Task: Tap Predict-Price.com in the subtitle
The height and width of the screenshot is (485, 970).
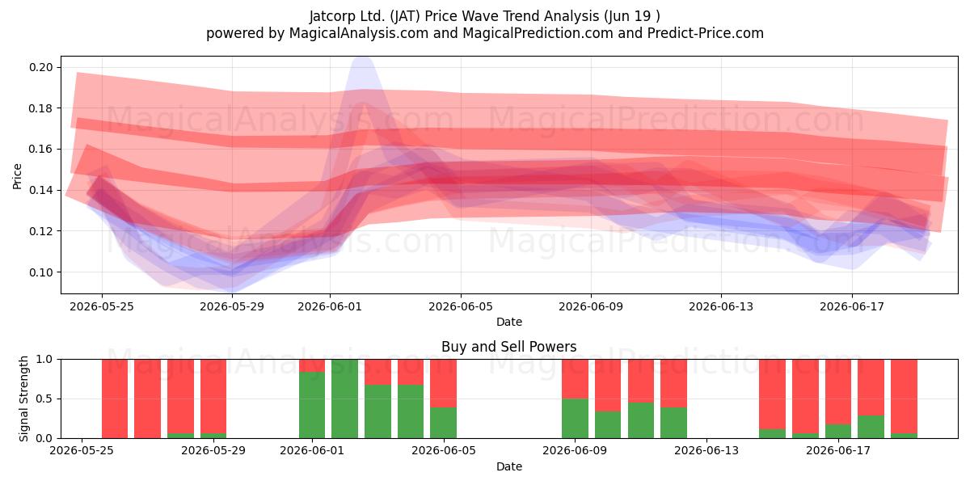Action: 706,33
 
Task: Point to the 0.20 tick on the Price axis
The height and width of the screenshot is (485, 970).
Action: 41,67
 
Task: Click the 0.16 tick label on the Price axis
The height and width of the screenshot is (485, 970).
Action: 41,149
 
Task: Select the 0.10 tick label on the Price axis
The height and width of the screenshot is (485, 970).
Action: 41,272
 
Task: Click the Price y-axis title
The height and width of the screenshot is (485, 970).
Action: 17,176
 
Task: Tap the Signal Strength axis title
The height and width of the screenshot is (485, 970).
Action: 23,399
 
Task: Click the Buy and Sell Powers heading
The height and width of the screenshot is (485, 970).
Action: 508,347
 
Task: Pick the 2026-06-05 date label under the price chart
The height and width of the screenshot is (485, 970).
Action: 461,306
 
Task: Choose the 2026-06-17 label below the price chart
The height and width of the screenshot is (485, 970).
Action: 852,306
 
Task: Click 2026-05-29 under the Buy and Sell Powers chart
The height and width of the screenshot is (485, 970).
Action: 213,450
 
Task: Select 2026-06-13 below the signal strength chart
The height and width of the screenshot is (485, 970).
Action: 706,450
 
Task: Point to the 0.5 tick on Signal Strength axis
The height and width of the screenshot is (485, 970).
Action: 44,399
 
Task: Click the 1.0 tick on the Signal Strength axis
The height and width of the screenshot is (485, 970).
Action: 44,359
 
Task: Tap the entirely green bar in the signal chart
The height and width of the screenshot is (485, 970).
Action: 344,399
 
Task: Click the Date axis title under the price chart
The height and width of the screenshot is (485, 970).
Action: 508,322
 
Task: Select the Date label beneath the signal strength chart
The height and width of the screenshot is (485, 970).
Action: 508,466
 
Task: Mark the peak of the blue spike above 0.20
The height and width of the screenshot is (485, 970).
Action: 361,58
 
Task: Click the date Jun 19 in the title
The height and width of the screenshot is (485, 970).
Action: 627,16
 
